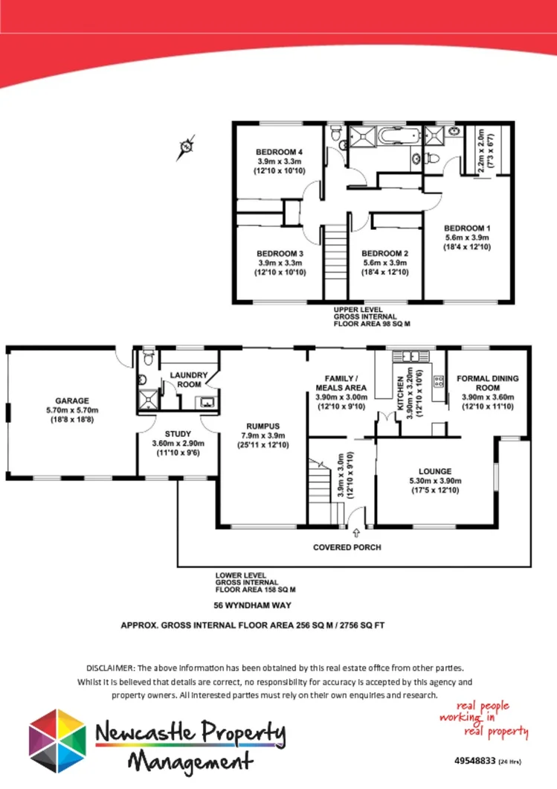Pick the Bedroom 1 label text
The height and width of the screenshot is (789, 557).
[467, 228]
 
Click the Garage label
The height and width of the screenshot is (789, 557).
[71, 400]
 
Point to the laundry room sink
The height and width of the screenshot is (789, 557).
[205, 403]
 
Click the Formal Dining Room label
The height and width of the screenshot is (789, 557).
[487, 383]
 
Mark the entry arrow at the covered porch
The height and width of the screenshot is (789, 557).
[355, 532]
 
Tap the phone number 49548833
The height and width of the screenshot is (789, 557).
[474, 761]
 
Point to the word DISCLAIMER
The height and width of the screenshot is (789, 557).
[110, 668]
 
